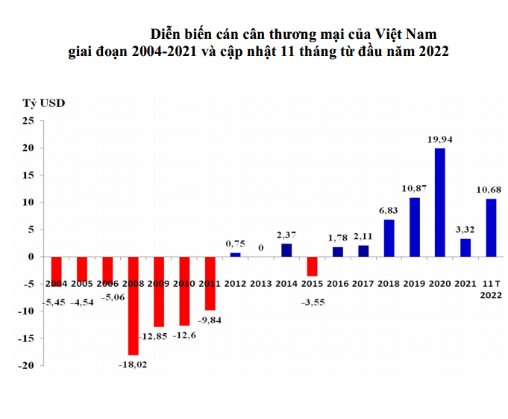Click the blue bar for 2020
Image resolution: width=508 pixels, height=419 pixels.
pos(440,202)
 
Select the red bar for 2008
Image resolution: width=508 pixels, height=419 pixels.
pos(133,305)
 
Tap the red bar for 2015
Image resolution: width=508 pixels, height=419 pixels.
pos(312,266)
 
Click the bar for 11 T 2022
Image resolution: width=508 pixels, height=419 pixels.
pos(491,228)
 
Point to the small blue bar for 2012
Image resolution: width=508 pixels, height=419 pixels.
pos(235,255)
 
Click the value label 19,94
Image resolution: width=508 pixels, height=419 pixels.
pos(440,139)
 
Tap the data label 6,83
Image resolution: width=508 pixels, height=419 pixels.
pos(389,210)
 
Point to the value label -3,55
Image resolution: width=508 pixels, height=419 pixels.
pos(313,303)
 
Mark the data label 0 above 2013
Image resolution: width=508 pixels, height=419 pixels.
pos(261,247)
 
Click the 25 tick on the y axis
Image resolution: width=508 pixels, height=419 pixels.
pos(29,121)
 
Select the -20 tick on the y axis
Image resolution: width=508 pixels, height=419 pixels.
pos(27,365)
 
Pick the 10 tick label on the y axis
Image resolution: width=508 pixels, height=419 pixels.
pos(29,202)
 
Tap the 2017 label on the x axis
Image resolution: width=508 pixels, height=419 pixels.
pos(363,285)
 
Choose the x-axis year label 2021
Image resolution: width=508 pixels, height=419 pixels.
pos(465,285)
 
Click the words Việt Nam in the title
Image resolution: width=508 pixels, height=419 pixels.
pos(406,34)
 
